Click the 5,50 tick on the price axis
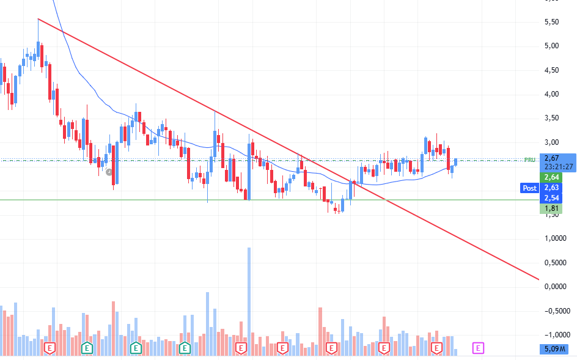tap(551, 22)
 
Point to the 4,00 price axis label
tap(551, 94)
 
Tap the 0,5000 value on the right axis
tap(554, 263)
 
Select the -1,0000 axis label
tap(555, 335)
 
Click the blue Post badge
tap(529, 188)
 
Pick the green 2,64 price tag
tap(551, 177)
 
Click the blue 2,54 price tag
tap(551, 198)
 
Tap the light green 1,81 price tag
tap(551, 208)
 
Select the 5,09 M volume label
tap(555, 350)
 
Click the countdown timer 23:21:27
tap(558, 166)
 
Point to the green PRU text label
tap(530, 160)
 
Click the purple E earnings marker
tap(479, 348)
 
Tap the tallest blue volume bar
tap(249, 299)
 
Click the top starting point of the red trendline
tap(38, 19)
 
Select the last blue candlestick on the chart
tap(455, 161)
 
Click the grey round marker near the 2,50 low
tap(109, 172)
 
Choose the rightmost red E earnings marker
tap(436, 348)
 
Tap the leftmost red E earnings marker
tap(50, 348)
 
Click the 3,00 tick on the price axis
tap(551, 142)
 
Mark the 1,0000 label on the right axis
tap(554, 239)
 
